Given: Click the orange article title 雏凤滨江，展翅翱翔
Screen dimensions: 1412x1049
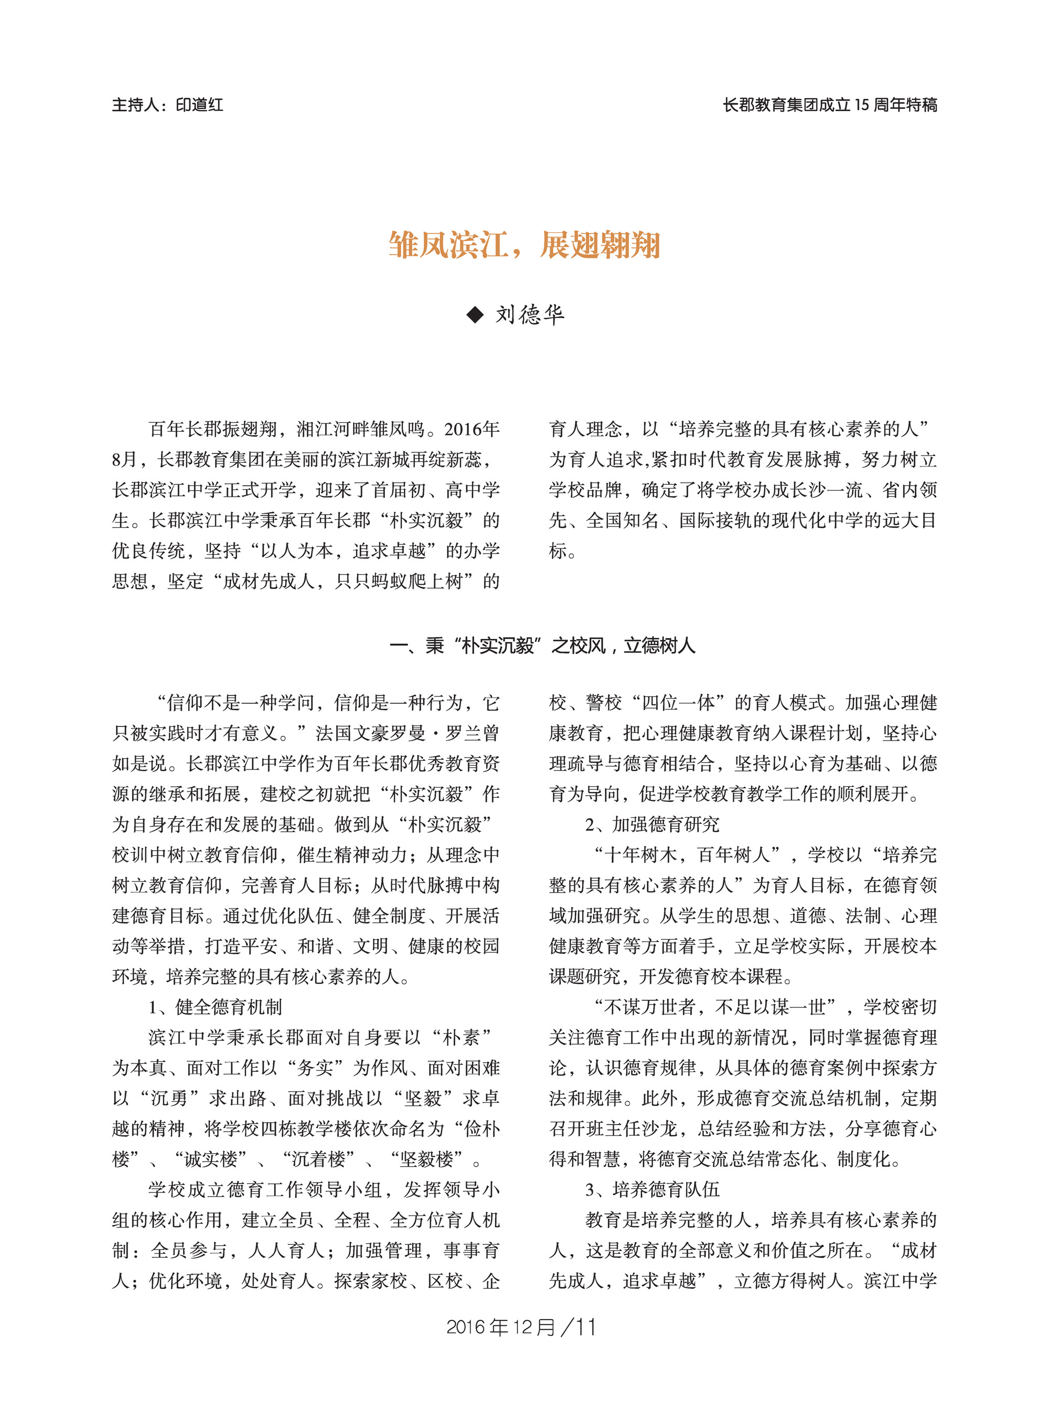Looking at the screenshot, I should [x=524, y=245].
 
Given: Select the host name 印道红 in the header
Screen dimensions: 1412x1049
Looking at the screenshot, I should [x=199, y=105].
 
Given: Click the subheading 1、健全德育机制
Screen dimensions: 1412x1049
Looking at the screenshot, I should [x=215, y=1006].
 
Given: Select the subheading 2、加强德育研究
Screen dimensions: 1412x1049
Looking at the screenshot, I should [x=652, y=824].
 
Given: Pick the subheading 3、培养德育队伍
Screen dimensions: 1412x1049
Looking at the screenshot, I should [x=652, y=1189].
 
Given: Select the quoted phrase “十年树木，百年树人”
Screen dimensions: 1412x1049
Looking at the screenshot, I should [x=688, y=855].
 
